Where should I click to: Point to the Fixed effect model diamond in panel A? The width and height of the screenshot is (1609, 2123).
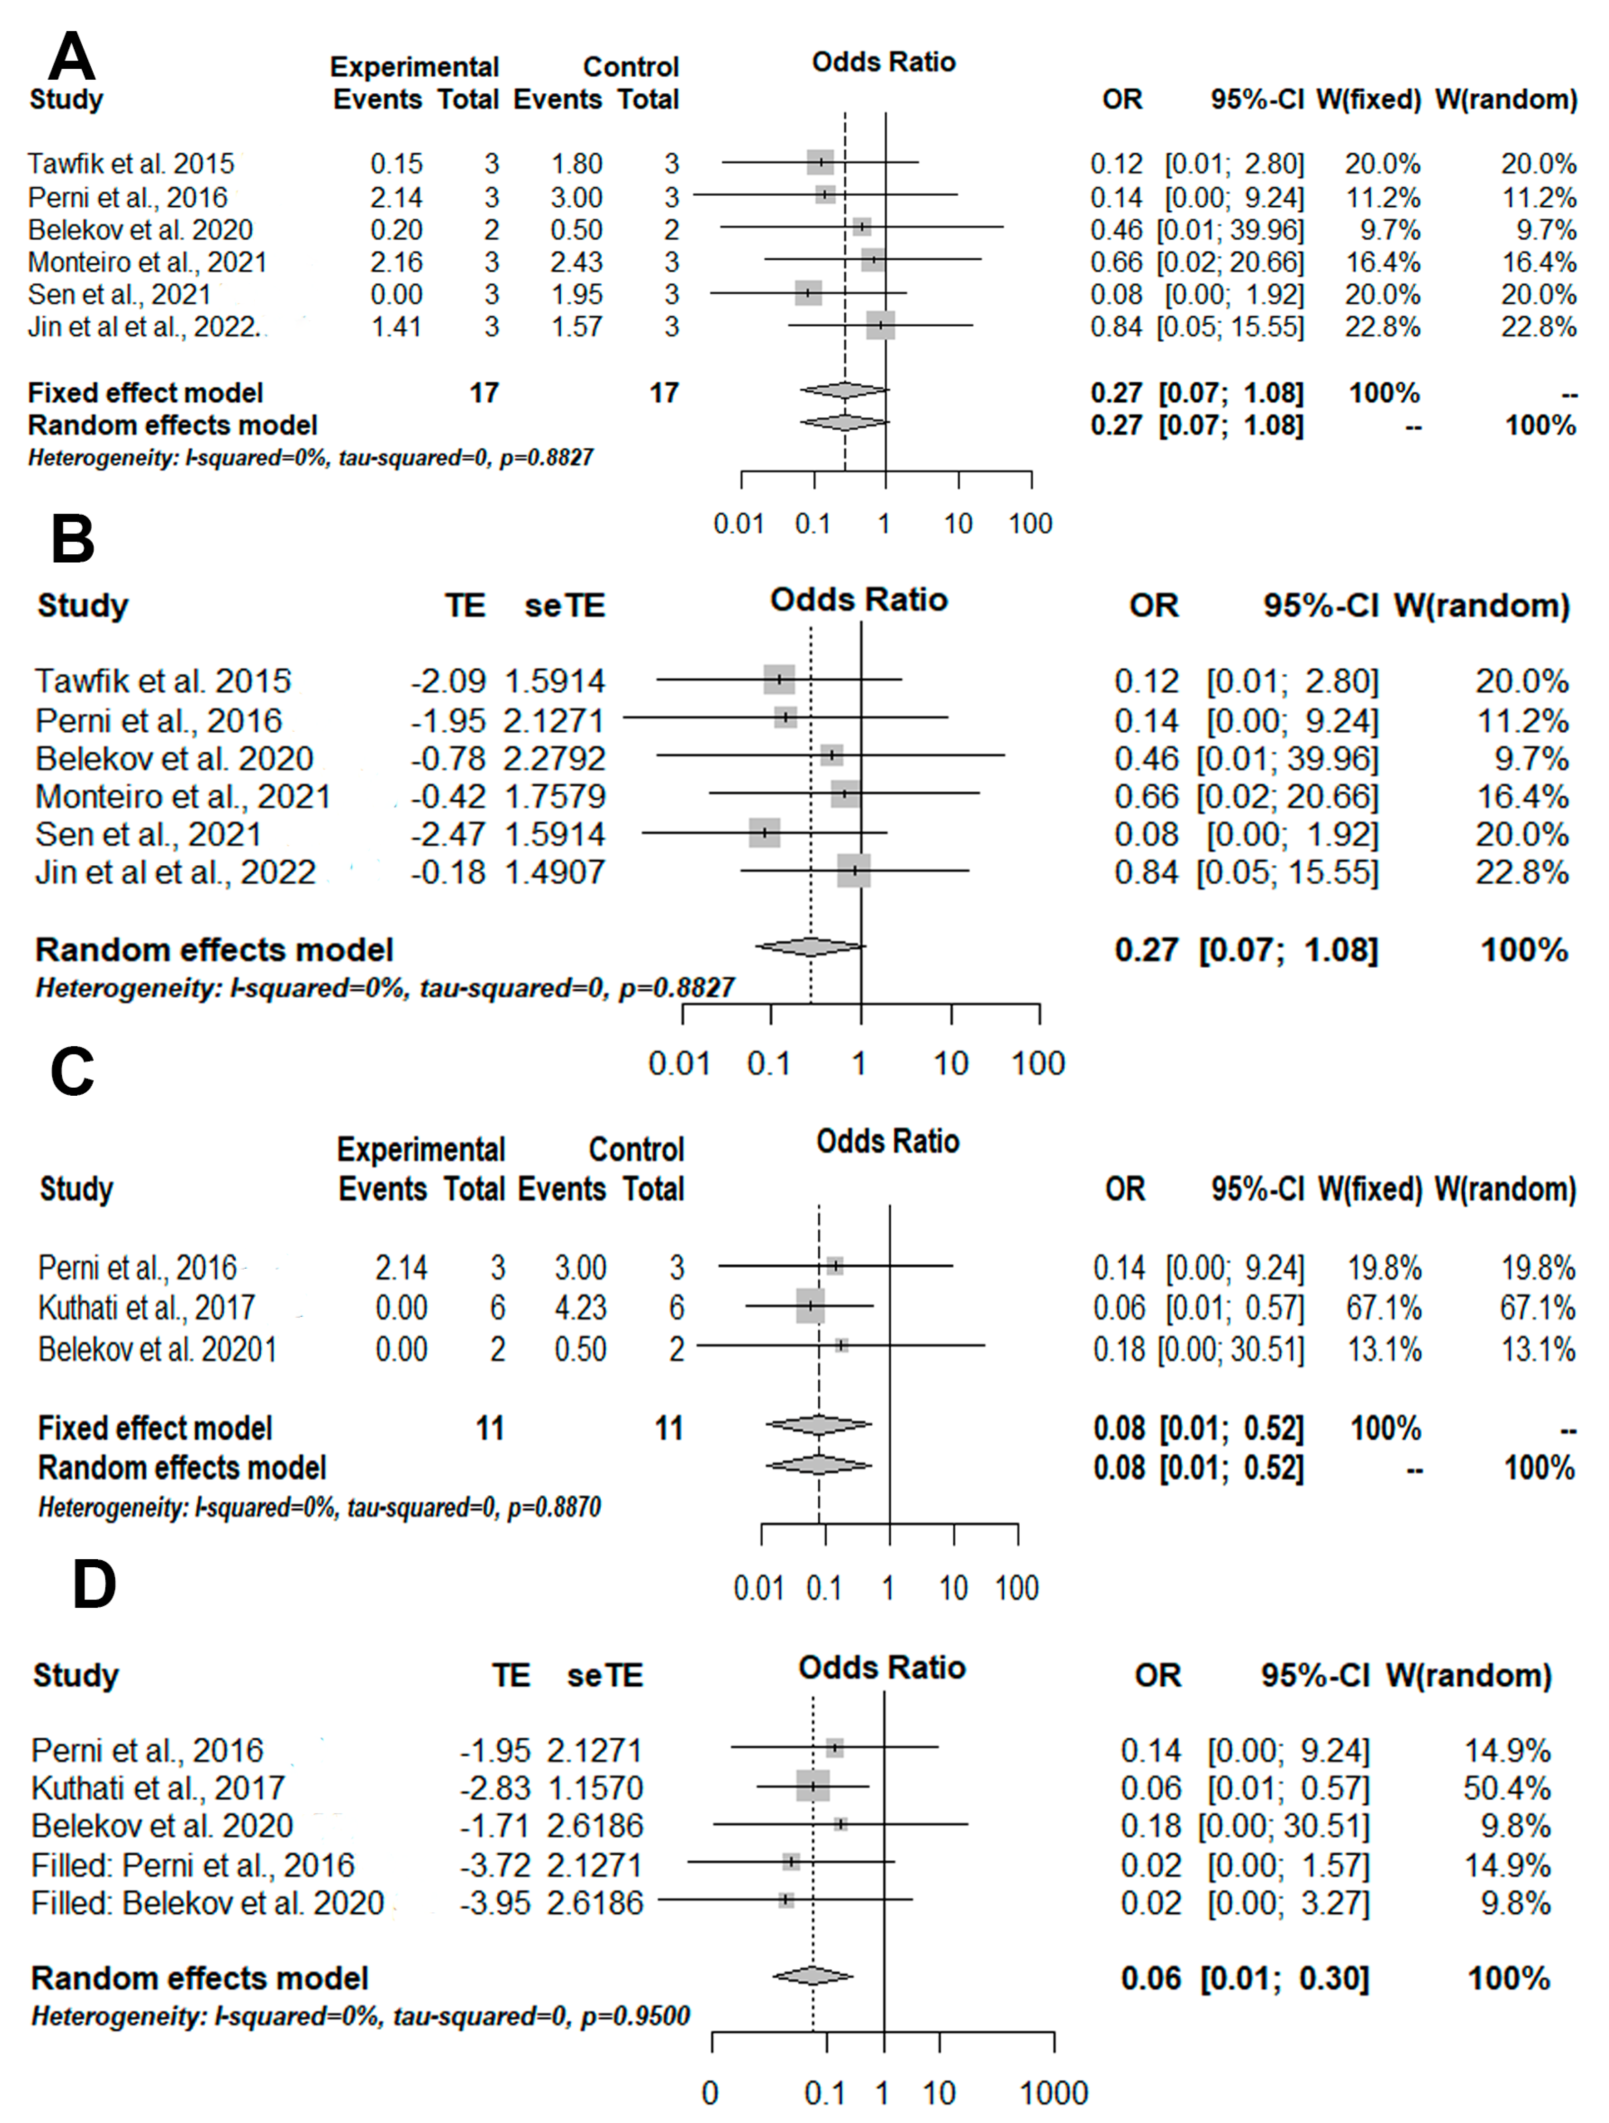tap(844, 390)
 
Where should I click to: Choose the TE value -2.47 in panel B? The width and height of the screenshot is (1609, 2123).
tap(448, 834)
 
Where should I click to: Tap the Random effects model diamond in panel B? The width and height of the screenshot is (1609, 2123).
tap(811, 947)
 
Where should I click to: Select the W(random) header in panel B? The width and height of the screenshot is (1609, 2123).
tap(1482, 605)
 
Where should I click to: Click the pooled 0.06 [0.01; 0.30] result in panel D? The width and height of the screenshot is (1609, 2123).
tap(1244, 1978)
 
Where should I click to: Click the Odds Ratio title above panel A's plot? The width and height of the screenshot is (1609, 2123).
tap(884, 62)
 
